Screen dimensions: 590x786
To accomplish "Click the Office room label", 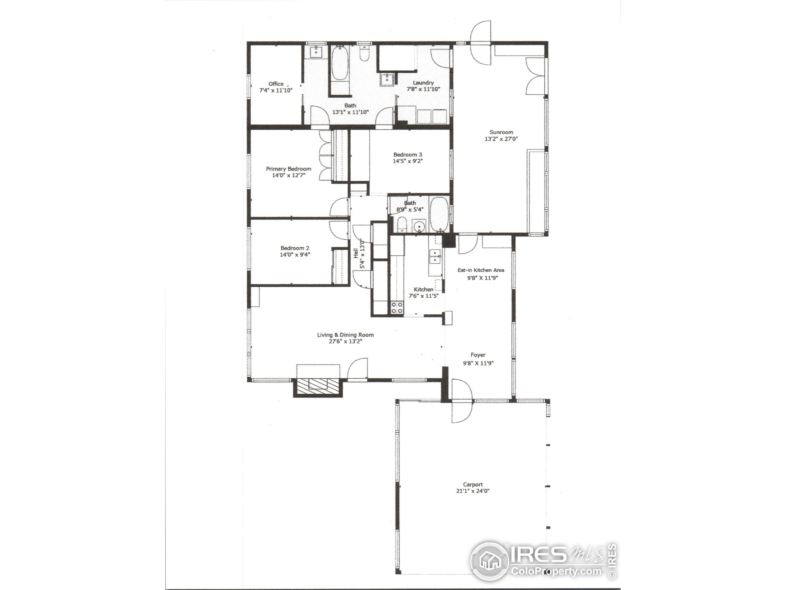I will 276,84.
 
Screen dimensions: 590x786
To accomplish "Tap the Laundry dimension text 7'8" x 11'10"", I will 423,89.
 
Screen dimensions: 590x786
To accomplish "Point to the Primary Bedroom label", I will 289,169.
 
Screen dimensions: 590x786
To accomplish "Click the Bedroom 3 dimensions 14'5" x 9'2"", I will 407,161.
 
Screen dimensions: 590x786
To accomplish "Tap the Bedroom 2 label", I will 294,248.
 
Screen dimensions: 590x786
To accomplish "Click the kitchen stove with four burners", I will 397,307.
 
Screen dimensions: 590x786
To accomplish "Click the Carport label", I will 473,484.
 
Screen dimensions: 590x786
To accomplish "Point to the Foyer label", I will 478,355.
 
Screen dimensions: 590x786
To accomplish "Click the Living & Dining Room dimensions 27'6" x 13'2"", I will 345,341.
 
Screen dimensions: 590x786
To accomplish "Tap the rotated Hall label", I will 355,253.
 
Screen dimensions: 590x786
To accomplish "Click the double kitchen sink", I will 435,256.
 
